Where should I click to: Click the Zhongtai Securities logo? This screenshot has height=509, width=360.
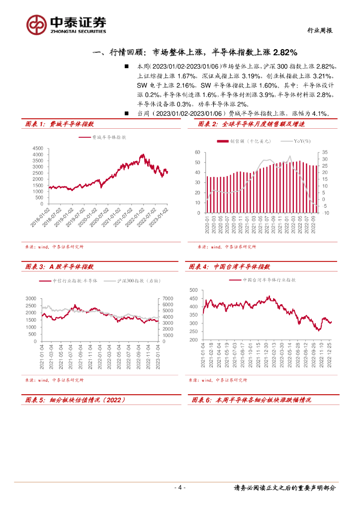click(67, 23)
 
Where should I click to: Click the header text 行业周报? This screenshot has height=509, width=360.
click(318, 31)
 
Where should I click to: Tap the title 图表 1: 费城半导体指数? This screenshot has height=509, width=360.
click(60, 124)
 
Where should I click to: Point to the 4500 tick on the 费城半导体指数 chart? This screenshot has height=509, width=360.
click(38, 149)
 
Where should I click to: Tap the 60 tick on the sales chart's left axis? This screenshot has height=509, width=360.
click(197, 152)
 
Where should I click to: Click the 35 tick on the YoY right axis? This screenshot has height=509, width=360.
click(325, 152)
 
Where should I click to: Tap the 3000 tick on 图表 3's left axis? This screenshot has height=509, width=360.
click(31, 298)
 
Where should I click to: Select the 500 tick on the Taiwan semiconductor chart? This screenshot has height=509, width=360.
click(193, 290)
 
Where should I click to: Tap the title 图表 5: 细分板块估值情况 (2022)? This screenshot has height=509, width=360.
click(75, 400)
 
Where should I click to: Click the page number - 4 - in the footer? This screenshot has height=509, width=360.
click(180, 488)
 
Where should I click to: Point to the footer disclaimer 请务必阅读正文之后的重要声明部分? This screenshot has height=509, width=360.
click(284, 488)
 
